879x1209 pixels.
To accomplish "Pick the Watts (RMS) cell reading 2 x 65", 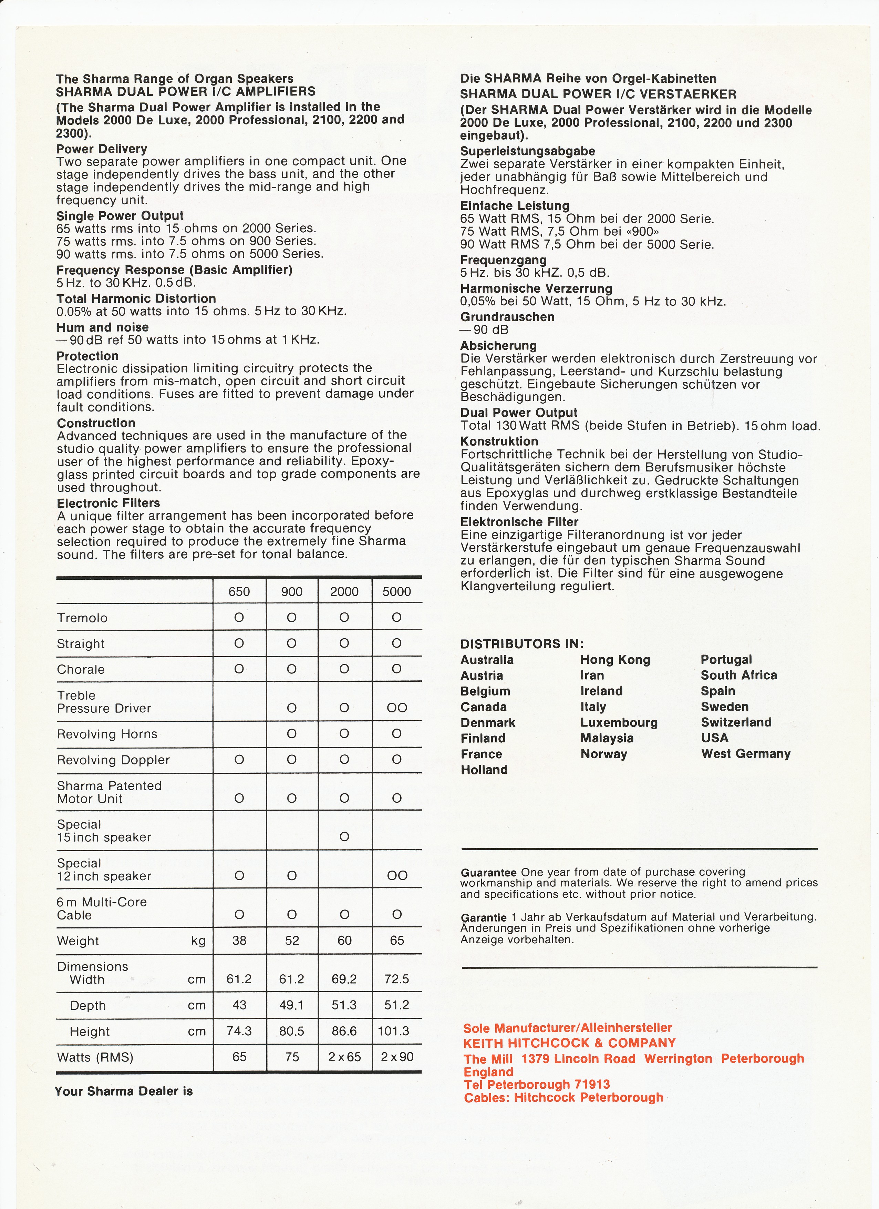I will (344, 1057).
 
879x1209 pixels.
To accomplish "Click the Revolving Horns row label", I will (107, 734).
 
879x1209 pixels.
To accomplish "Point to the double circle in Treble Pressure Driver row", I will (397, 708).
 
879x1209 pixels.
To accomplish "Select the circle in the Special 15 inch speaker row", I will (344, 837).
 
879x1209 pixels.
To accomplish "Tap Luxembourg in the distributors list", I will (619, 722).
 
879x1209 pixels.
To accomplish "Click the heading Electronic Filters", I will (108, 503).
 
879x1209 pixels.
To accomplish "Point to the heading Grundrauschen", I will (507, 317).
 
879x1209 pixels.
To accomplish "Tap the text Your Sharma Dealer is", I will (124, 1091).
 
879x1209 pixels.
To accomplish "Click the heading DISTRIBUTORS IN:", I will (521, 643).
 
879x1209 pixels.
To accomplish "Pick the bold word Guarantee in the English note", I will (488, 873).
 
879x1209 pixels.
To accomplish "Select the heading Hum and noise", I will (102, 327).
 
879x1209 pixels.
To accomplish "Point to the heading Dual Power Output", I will (518, 413).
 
